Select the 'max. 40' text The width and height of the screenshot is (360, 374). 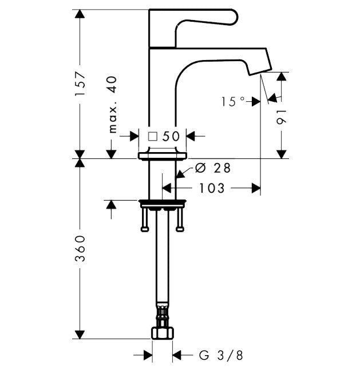pyautogui.click(x=112, y=105)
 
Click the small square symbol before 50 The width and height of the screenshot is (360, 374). pyautogui.click(x=152, y=136)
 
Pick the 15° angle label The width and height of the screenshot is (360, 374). pyautogui.click(x=232, y=101)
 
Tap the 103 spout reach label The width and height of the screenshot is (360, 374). pyautogui.click(x=212, y=188)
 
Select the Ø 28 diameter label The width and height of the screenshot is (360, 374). pyautogui.click(x=213, y=168)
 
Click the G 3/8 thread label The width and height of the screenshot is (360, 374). pyautogui.click(x=221, y=356)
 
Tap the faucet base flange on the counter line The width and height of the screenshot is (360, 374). pyautogui.click(x=164, y=155)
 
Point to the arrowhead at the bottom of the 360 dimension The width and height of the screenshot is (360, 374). pyautogui.click(x=80, y=333)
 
